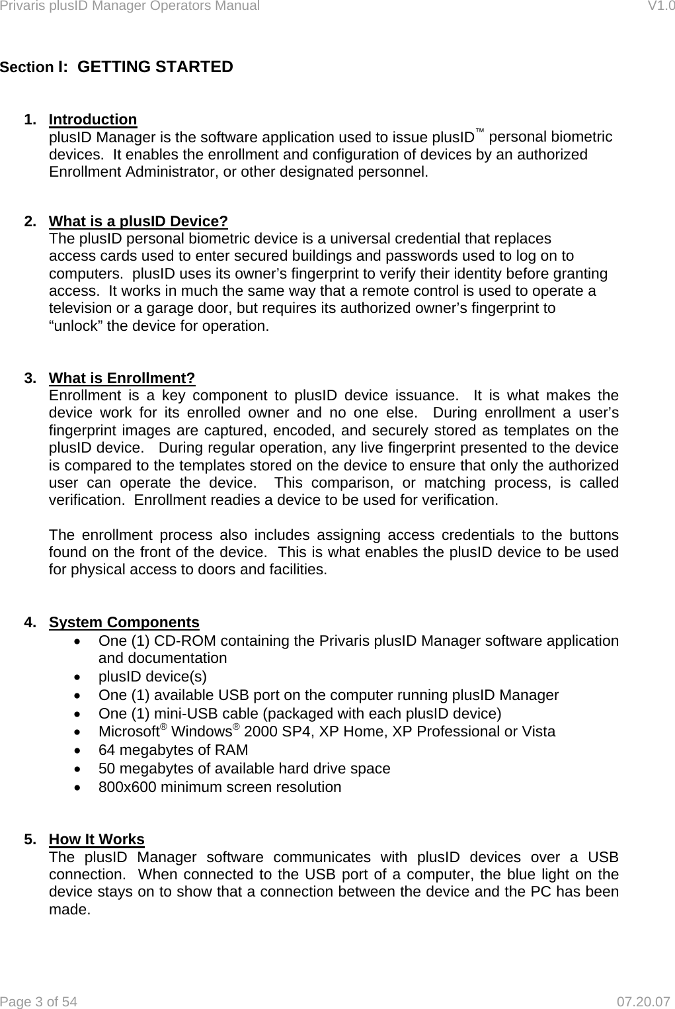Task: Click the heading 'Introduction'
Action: (93, 120)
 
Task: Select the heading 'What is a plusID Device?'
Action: (139, 221)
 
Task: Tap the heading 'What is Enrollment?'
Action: (122, 378)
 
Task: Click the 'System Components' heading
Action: (124, 623)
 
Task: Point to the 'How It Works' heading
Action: (97, 840)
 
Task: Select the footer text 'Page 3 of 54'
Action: (39, 1002)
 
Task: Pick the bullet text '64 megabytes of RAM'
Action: (173, 750)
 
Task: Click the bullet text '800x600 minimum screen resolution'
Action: (219, 787)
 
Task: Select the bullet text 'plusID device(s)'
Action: (152, 677)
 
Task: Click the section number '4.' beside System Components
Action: (30, 623)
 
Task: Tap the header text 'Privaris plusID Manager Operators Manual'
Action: (130, 7)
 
